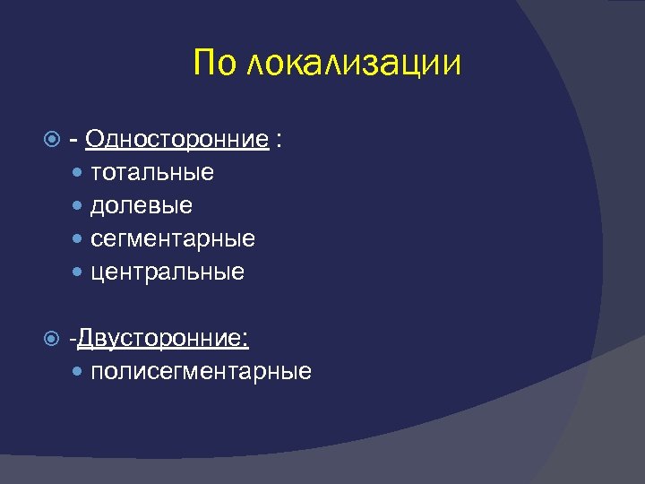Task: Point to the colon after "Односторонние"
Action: pyautogui.click(x=280, y=141)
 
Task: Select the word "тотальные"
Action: pyautogui.click(x=151, y=172)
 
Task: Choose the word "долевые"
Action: pyautogui.click(x=141, y=205)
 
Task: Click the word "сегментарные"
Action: pyautogui.click(x=172, y=239)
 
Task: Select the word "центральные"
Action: pyautogui.click(x=167, y=272)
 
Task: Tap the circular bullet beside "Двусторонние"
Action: pyautogui.click(x=52, y=339)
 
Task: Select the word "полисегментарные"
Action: pyautogui.click(x=201, y=372)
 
